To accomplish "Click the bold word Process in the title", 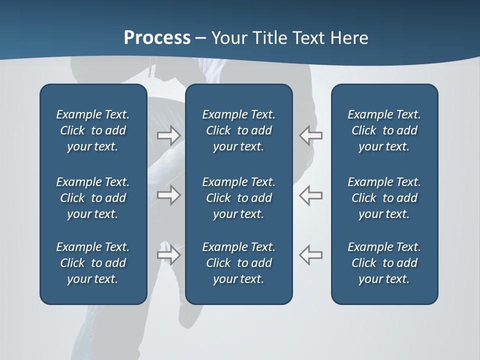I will click(157, 38).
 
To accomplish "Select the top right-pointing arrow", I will click(169, 135).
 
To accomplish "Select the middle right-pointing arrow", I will click(169, 195).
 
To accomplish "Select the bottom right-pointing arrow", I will click(169, 254).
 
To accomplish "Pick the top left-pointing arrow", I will click(311, 135).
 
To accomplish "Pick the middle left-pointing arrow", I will click(311, 195).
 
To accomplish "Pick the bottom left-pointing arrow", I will click(311, 254).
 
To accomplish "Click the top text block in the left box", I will click(93, 130).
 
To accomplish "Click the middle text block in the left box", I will click(93, 198).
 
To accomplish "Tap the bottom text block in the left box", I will click(93, 263).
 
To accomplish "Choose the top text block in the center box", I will click(239, 130).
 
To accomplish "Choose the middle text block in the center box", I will click(239, 198).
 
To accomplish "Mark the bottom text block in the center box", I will click(239, 263).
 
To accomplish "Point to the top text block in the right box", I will click(384, 130).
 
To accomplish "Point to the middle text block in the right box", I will click(384, 198).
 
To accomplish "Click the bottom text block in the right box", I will click(384, 263).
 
